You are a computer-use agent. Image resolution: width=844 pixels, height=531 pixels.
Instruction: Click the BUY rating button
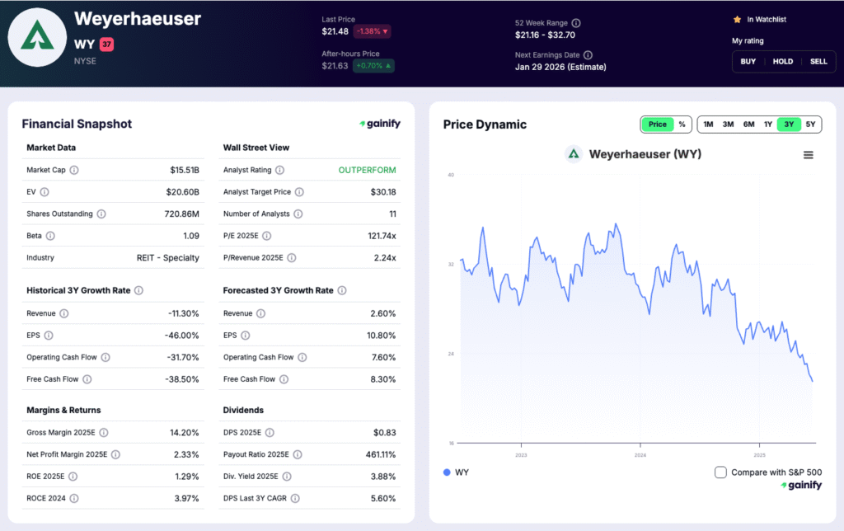tap(748, 62)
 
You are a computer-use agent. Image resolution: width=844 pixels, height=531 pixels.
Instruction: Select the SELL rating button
tap(818, 62)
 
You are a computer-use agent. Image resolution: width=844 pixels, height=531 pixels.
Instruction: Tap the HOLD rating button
tap(783, 62)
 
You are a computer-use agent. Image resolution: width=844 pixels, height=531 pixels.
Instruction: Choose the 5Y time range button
tap(811, 125)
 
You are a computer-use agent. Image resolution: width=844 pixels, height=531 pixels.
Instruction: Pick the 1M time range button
tap(708, 125)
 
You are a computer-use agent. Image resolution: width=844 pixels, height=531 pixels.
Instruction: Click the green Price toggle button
tap(658, 125)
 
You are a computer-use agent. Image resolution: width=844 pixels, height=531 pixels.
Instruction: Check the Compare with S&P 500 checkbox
tap(720, 472)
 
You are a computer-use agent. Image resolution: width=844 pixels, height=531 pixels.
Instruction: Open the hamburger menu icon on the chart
tap(808, 155)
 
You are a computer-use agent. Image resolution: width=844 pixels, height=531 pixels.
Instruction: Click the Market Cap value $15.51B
tap(184, 171)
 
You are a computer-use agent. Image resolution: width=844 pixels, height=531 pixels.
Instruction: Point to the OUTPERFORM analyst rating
tap(367, 171)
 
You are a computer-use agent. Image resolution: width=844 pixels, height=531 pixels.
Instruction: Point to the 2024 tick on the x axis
tap(640, 455)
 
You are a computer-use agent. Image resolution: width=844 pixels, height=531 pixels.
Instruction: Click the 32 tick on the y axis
tap(451, 265)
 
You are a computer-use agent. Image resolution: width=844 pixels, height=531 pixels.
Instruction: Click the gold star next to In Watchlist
tap(737, 19)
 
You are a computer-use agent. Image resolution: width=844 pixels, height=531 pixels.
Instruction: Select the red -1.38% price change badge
tap(372, 31)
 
